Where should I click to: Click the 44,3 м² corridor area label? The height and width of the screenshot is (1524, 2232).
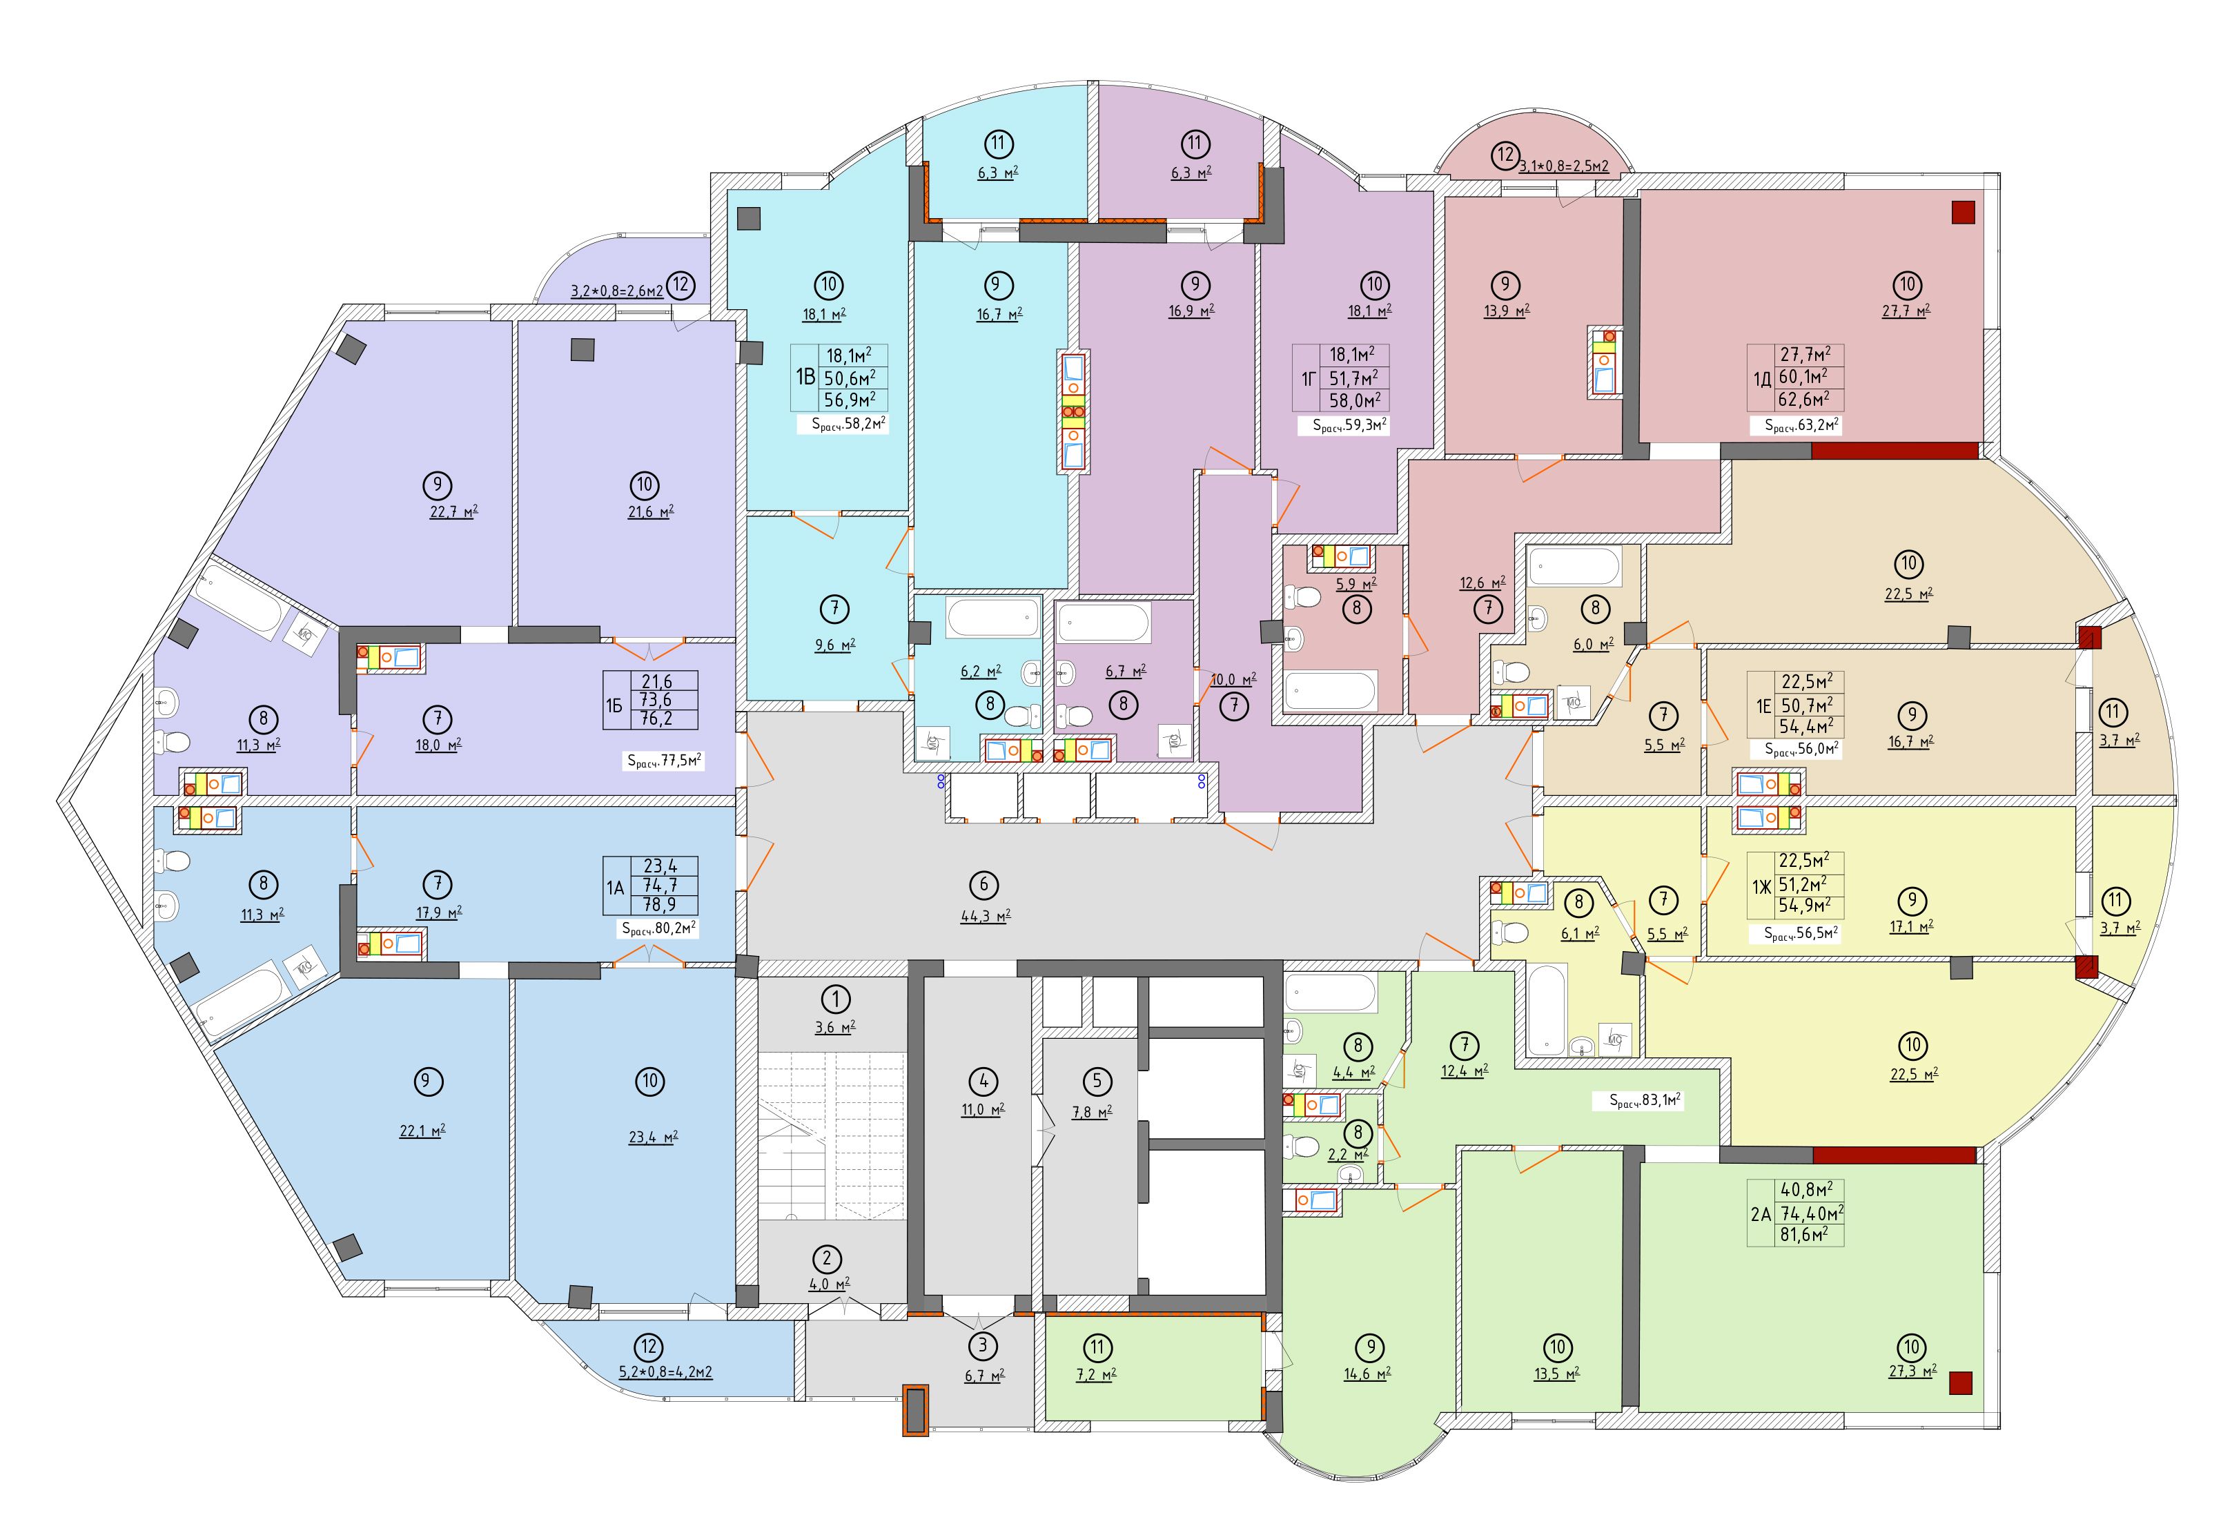point(984,916)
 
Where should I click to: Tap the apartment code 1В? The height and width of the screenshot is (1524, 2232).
point(805,375)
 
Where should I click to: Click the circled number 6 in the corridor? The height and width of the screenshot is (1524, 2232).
point(983,883)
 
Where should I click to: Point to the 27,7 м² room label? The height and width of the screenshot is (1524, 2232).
point(1906,310)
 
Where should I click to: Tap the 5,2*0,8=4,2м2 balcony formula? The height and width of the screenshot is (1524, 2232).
point(665,1372)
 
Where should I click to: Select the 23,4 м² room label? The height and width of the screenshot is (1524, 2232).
point(652,1137)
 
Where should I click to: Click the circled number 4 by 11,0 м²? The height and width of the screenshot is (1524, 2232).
point(983,1082)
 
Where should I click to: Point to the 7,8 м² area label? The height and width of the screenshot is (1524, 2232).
point(1091,1112)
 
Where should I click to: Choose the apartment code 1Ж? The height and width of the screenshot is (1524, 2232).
point(1761,888)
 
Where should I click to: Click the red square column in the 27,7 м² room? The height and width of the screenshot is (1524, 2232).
point(1963,212)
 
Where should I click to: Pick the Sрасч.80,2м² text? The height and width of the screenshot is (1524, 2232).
point(659,928)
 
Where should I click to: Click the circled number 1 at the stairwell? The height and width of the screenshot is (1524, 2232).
point(836,999)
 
